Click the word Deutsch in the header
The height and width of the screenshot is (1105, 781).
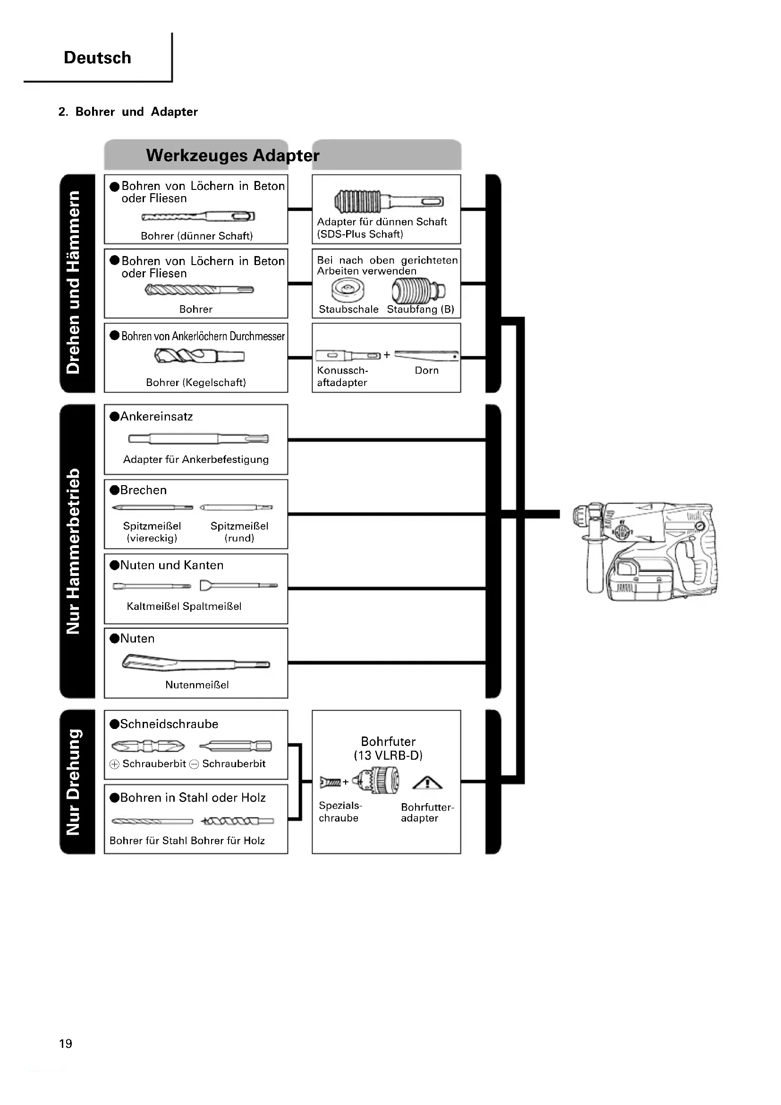[97, 58]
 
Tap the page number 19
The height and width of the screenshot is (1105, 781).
[66, 1044]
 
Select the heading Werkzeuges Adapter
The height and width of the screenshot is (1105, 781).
[232, 155]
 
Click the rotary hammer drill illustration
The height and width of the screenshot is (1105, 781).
[645, 551]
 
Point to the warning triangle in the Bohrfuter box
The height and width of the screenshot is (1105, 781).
[427, 783]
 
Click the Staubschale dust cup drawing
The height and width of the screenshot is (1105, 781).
[347, 290]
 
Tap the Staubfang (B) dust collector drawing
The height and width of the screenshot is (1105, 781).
[418, 290]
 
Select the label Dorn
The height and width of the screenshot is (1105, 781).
[426, 370]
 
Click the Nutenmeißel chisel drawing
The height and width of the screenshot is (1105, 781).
[196, 663]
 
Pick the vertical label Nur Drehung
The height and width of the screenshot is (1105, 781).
[73, 782]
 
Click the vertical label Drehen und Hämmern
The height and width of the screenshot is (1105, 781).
[73, 283]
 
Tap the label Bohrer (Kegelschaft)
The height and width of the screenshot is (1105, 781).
[196, 382]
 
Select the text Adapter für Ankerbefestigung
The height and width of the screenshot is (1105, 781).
[196, 459]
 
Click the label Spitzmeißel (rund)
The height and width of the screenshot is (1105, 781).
[239, 532]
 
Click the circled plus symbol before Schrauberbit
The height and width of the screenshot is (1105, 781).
[114, 764]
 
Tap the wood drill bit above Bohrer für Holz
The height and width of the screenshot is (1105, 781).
[237, 821]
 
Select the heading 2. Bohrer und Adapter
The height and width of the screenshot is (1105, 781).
[128, 111]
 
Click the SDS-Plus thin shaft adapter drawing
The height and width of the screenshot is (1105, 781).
[388, 201]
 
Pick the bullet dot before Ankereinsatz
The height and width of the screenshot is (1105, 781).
[114, 417]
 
